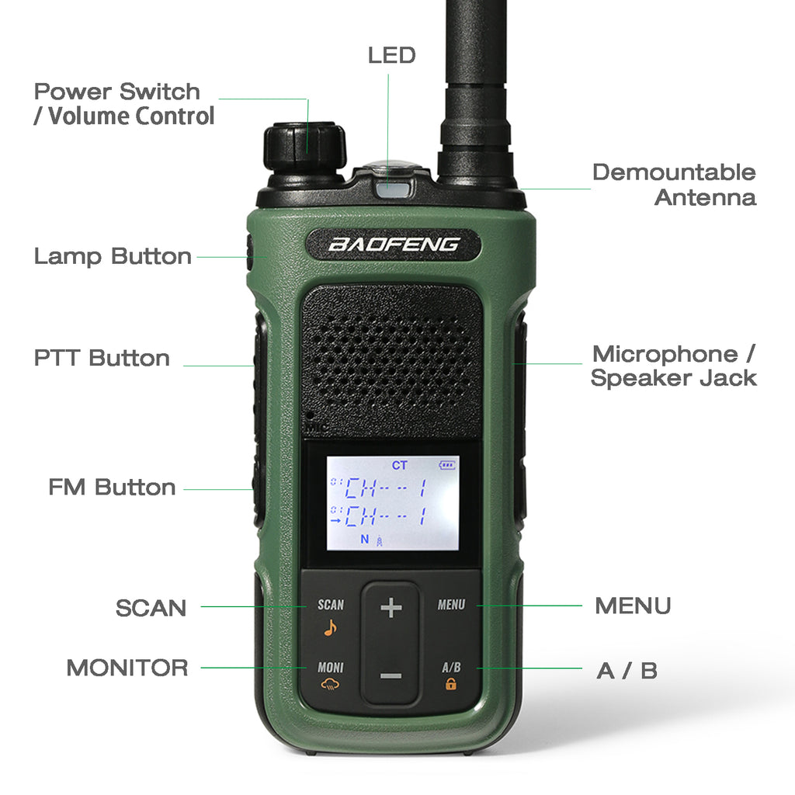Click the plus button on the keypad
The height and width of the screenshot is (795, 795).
[391, 607]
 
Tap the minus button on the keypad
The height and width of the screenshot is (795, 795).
[391, 676]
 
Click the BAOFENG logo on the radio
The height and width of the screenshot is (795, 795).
[394, 245]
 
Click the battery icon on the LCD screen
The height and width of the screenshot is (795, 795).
[446, 465]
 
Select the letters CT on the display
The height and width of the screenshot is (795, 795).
[400, 465]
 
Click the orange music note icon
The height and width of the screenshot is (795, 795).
[330, 628]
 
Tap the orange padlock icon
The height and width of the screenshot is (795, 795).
[451, 684]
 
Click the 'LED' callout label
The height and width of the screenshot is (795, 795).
[391, 55]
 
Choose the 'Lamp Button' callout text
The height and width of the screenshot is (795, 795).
[113, 256]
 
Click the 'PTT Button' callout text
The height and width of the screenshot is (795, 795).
[102, 358]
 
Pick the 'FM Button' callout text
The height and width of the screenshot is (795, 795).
[112, 487]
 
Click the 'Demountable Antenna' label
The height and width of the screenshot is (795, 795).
[675, 185]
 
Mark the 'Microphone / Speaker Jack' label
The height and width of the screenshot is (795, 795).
[674, 366]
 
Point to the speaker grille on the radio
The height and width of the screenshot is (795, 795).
[391, 361]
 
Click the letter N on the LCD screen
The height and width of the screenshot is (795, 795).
[365, 539]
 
